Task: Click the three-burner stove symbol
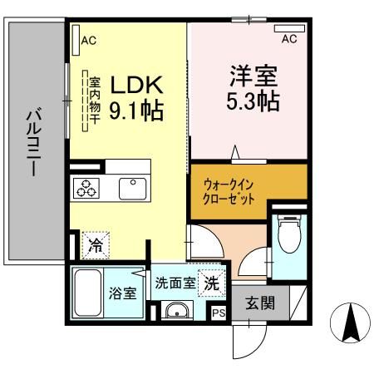tap(87, 189)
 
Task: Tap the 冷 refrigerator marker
tap(96, 245)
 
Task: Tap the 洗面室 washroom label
tap(175, 283)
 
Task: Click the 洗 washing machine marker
tap(213, 283)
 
